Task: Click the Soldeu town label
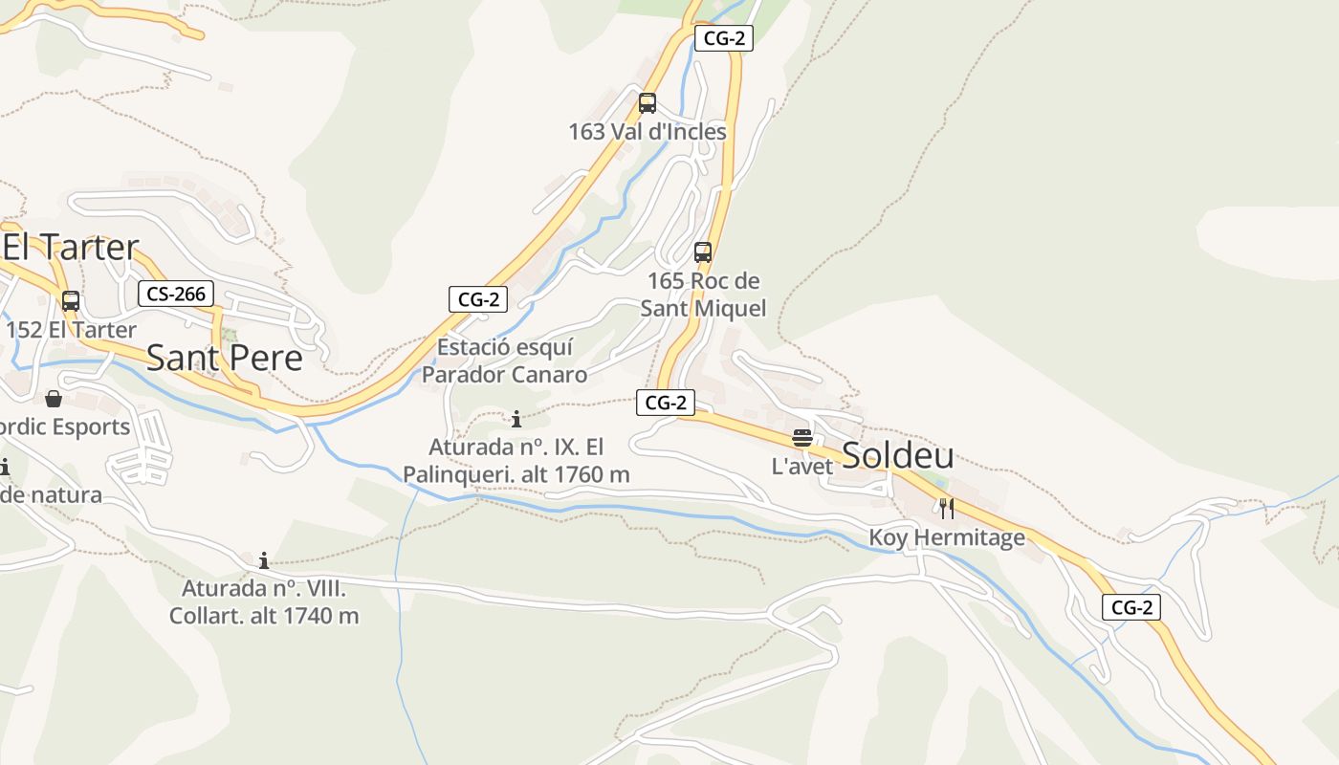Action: click(897, 456)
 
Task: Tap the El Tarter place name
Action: click(71, 247)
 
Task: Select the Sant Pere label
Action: click(224, 358)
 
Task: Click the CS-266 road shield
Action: click(176, 294)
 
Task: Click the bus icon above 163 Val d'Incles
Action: click(648, 103)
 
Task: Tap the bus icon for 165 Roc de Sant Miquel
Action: click(703, 252)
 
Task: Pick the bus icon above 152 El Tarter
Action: click(71, 301)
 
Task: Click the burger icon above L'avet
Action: click(802, 438)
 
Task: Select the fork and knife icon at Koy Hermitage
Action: click(947, 508)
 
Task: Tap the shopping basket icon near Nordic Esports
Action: click(54, 398)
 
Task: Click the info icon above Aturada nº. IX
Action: click(516, 419)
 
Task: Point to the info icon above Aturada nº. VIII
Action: click(264, 560)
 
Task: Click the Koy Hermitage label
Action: click(947, 537)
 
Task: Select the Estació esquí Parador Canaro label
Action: click(504, 361)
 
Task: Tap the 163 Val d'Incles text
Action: click(648, 132)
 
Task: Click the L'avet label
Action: click(802, 467)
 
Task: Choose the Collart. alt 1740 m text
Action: click(264, 616)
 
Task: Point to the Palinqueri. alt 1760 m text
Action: click(516, 474)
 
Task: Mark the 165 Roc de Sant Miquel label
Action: click(703, 295)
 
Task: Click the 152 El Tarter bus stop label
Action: click(71, 330)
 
